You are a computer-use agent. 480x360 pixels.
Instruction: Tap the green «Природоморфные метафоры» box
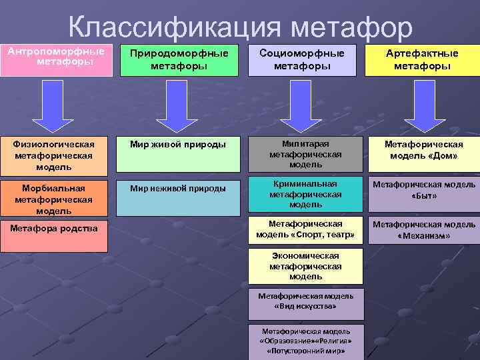coord(179,60)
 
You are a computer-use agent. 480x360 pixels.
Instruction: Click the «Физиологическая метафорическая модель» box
coord(53,155)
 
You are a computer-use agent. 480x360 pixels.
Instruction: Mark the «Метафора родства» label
coord(54,229)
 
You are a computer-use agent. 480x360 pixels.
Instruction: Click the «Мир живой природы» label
coord(178,143)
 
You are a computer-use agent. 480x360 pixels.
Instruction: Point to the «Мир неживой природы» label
coord(178,189)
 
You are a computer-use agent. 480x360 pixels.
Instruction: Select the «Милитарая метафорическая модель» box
coord(305,154)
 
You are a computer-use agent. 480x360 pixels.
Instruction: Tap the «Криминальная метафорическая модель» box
coord(305,194)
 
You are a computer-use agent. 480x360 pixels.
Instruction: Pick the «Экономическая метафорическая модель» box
coord(305,266)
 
